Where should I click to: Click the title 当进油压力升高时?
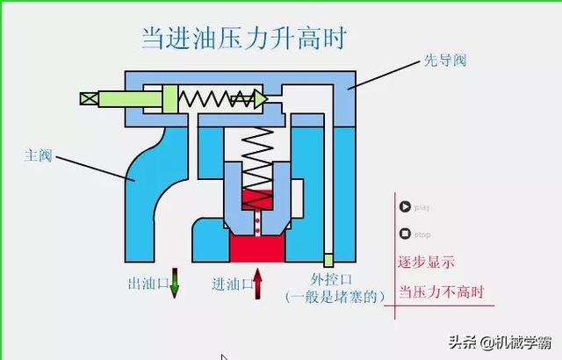coord(244,38)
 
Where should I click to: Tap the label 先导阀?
coord(445,61)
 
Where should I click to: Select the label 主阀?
coord(38,155)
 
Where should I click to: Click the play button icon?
coord(405,206)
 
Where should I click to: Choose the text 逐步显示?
coord(426,263)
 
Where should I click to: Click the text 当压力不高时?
coord(441,292)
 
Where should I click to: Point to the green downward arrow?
coord(174,283)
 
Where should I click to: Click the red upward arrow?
coord(257,284)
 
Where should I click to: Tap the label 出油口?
coord(148,284)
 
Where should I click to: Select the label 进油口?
coord(232,284)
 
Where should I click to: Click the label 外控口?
coord(331,279)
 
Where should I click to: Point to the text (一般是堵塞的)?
coord(335,297)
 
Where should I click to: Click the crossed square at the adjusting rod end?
coord(89,98)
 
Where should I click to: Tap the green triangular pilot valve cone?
coord(261,99)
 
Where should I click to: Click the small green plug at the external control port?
coord(328,260)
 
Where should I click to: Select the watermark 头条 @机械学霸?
coord(500,342)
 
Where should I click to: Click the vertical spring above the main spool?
coord(257,168)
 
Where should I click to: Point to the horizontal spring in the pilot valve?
coord(216,99)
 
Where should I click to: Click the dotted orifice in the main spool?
coord(257,223)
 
